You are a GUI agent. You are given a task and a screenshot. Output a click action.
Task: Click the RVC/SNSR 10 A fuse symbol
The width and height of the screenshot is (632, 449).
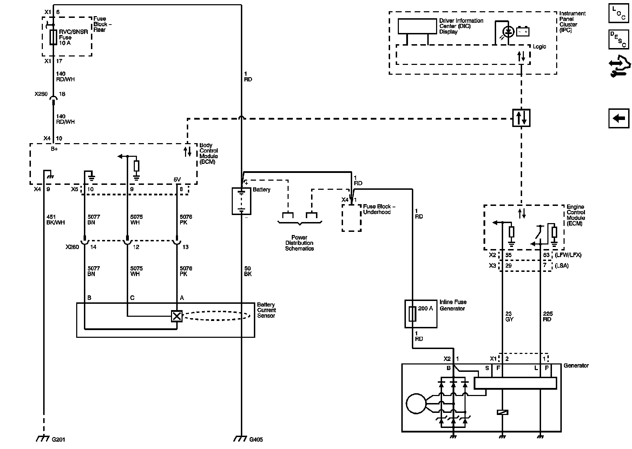pos(53,37)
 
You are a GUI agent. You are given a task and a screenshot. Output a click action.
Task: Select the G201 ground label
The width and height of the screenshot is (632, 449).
pos(58,440)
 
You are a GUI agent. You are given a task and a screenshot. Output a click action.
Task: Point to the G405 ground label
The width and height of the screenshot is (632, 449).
pos(256,440)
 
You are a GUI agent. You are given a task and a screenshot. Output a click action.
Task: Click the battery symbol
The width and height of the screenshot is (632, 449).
pos(241,201)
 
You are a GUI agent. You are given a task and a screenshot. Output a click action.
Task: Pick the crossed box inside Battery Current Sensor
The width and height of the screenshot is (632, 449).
pos(177,316)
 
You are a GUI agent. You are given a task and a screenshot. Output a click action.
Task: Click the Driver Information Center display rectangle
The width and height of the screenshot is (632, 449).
pos(417,26)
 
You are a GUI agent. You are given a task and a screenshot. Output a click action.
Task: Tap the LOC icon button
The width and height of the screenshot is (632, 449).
pos(619,13)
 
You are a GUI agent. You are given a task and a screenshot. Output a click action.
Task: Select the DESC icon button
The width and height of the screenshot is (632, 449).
pos(619,39)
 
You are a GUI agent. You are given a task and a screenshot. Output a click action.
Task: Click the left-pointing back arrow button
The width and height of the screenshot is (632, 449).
pos(619,118)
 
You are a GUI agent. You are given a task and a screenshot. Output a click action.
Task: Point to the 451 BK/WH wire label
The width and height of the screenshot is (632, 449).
pos(55,220)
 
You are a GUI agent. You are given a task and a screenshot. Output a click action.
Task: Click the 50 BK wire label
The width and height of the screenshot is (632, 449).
pos(248,271)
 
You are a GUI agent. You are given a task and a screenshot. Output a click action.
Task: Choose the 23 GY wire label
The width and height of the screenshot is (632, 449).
pos(509,316)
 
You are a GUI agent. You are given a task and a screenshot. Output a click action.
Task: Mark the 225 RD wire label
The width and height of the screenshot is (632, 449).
pos(548,316)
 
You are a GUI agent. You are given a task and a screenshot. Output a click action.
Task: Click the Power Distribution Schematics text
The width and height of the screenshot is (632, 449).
pos(299,243)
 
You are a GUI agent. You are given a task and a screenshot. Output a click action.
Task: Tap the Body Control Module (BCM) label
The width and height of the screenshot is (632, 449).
pos(209,154)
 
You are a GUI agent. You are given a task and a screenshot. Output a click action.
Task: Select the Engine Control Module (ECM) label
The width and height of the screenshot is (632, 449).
pos(576,215)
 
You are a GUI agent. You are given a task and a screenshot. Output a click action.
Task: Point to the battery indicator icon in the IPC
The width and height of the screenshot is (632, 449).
pos(522,32)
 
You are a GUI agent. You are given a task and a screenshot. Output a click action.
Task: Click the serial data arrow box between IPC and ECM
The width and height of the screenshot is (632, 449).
pos(521,118)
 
